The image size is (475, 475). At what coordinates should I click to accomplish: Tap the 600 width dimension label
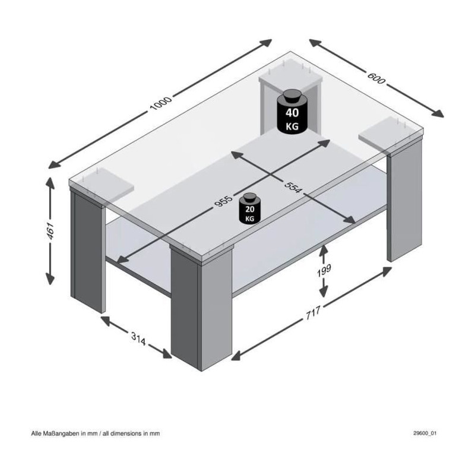click(376, 78)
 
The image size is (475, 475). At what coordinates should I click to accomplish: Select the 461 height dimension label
click(50, 230)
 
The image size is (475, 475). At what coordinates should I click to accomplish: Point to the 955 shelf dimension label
click(224, 201)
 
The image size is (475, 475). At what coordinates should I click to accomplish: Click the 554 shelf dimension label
click(293, 187)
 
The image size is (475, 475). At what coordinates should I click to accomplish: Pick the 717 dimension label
click(313, 313)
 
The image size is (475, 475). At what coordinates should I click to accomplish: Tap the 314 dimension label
click(138, 338)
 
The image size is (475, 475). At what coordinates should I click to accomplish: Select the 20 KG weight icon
click(250, 208)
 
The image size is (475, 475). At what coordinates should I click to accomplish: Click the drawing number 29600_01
click(425, 433)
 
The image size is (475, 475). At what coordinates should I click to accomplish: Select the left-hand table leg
click(87, 249)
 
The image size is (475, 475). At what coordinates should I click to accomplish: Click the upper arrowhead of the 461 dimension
click(50, 182)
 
